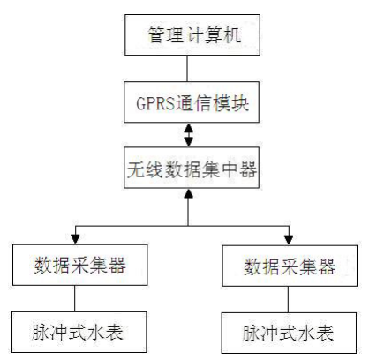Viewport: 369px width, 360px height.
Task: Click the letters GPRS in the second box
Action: click(155, 103)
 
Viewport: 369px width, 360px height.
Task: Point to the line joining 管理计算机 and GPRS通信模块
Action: click(187, 68)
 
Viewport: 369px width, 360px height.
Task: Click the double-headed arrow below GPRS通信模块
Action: click(188, 135)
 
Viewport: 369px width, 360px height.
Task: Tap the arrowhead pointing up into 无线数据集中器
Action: click(188, 193)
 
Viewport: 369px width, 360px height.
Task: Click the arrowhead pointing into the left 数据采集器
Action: click(76, 239)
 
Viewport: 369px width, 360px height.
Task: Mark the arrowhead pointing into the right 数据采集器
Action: click(289, 240)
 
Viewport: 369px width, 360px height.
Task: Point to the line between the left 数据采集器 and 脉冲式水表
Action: click(74, 298)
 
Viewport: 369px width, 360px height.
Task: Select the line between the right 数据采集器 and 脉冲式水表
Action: click(288, 299)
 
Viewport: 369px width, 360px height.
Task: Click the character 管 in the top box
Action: click(155, 35)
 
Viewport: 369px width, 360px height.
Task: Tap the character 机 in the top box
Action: click(232, 35)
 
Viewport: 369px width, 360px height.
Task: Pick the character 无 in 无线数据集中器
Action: click(136, 169)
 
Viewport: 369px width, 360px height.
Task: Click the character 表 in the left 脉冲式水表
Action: click(115, 333)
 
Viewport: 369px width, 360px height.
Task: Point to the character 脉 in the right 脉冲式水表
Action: click(252, 334)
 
